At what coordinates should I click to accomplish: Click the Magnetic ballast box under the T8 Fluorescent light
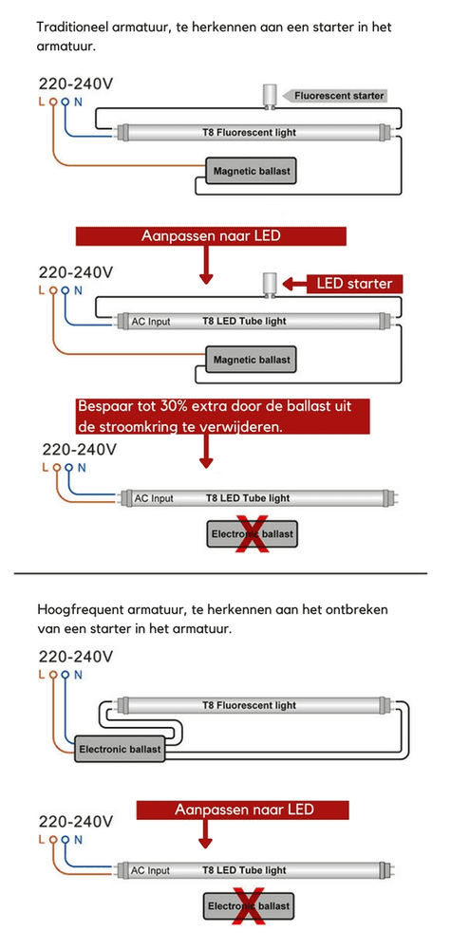click(251, 171)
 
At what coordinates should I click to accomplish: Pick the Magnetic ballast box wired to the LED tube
click(251, 360)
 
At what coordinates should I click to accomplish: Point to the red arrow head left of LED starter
click(291, 283)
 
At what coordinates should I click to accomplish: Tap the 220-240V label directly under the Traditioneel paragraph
click(76, 83)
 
